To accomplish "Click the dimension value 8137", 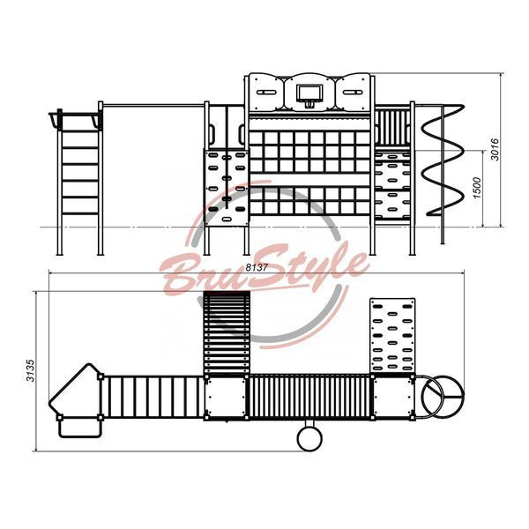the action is point(257,267).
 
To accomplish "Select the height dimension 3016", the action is point(495,150).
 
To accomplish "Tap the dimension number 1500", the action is point(477,188).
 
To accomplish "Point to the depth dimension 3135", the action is point(31,370).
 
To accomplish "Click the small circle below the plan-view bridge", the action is point(309,438).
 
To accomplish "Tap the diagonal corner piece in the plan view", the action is point(75,392).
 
